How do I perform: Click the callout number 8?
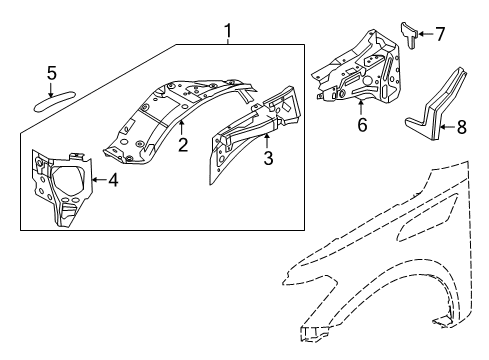click(x=461, y=127)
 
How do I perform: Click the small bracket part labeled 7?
click(x=410, y=31)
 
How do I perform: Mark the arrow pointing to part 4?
click(x=97, y=180)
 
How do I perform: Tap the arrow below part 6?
click(x=362, y=108)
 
